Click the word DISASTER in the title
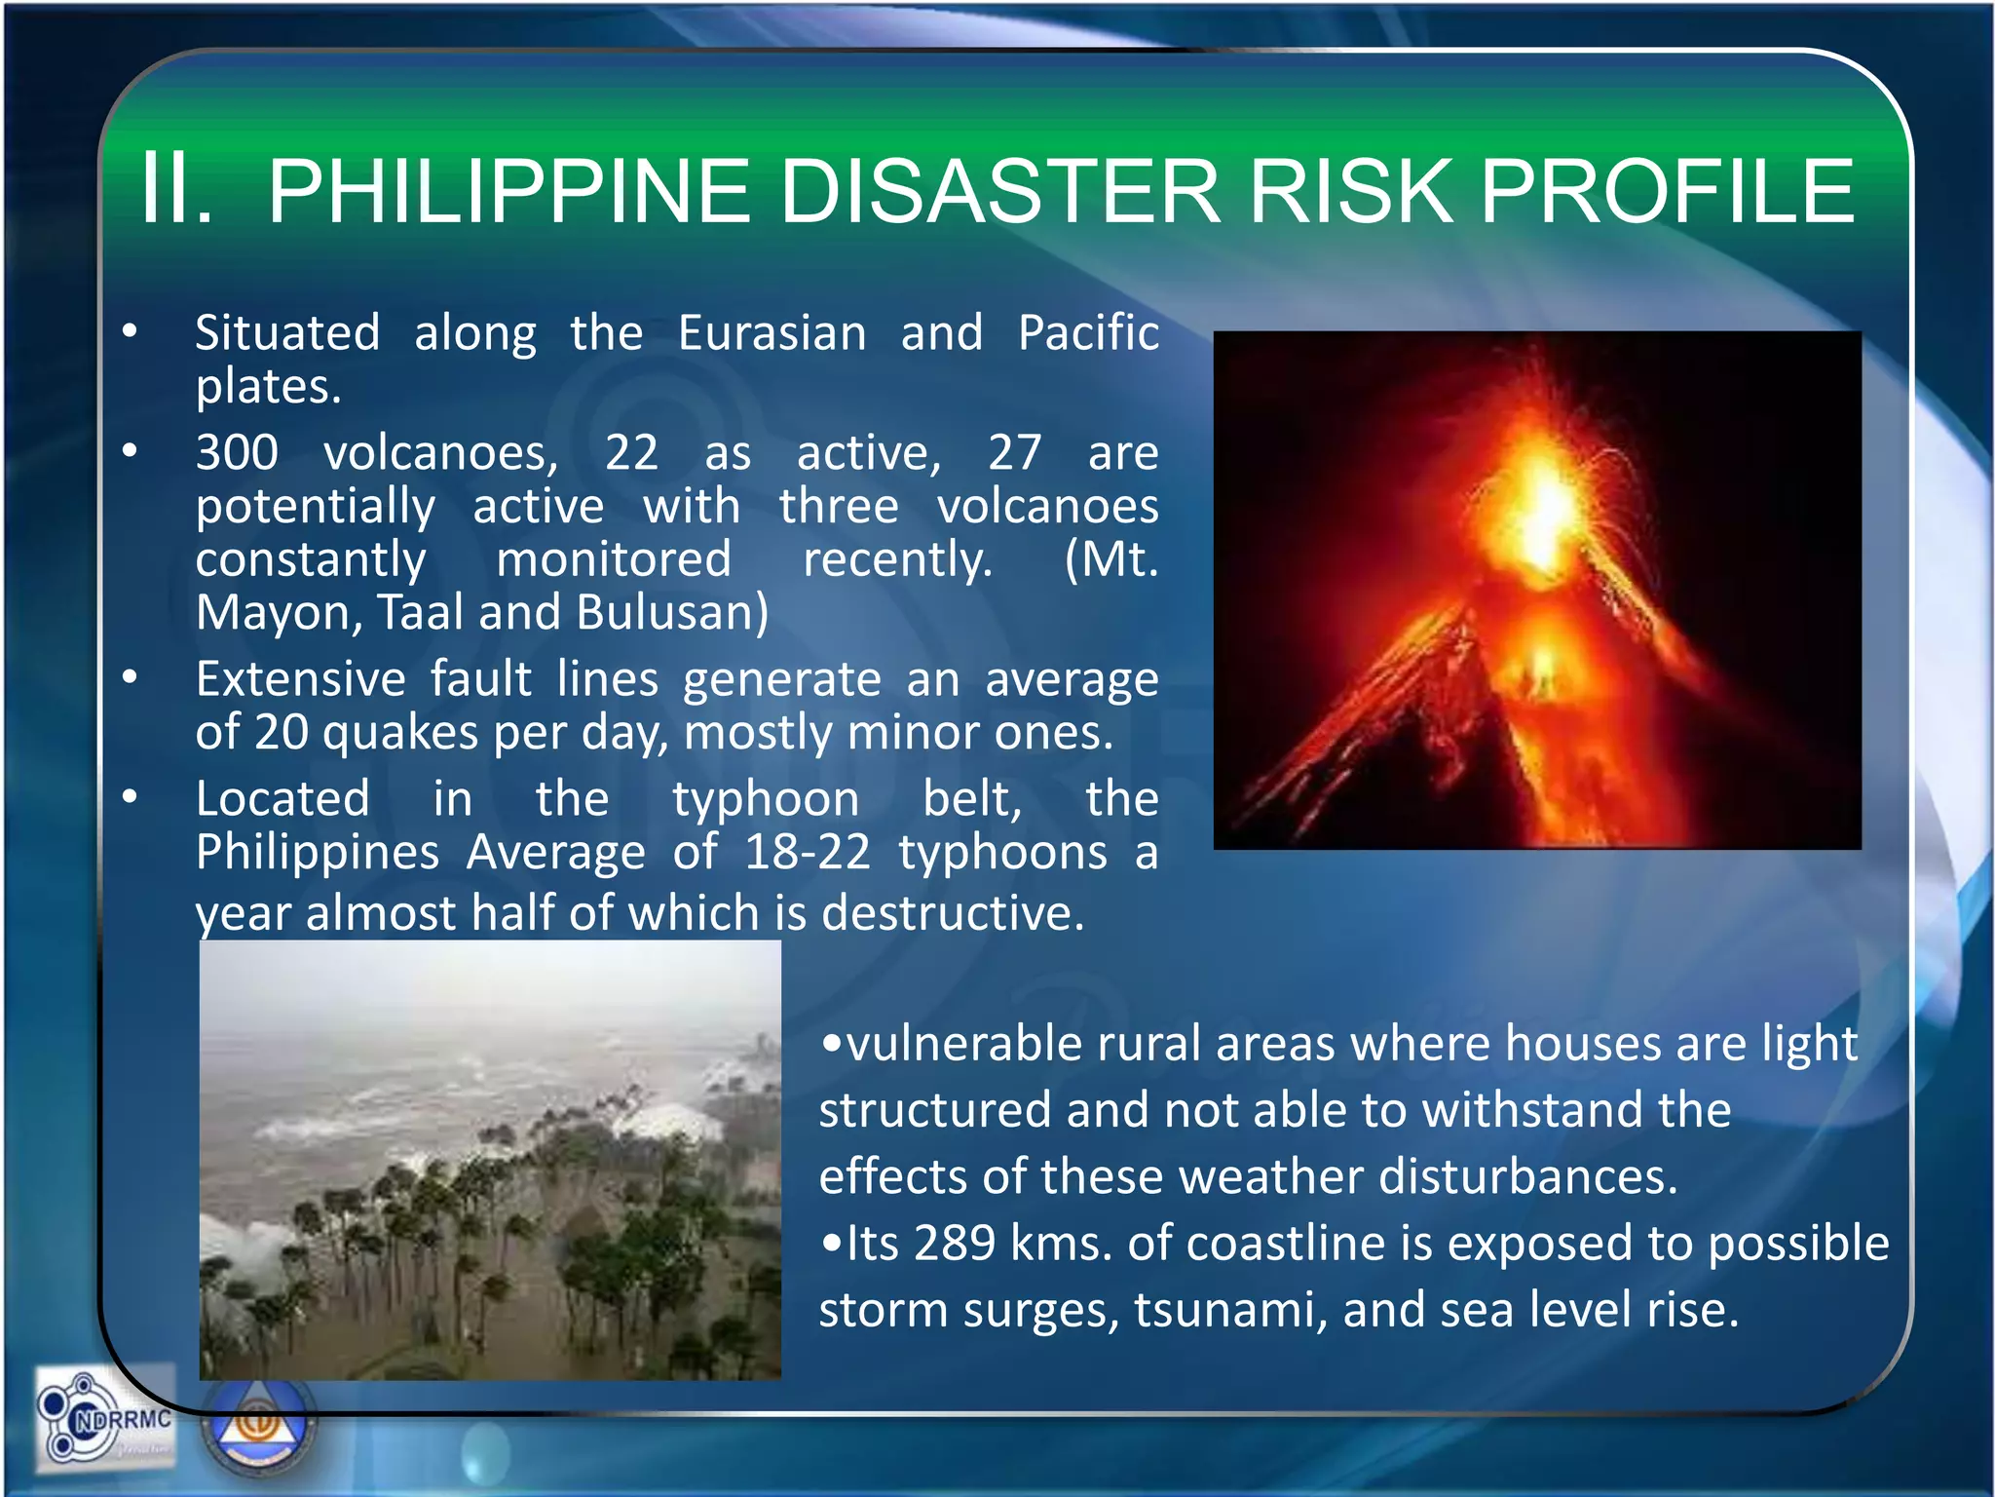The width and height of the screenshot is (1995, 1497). point(998,191)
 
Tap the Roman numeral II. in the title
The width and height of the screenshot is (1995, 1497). point(175,189)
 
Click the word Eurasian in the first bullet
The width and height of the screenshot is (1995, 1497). point(772,333)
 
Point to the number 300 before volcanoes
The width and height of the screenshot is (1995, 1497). point(237,453)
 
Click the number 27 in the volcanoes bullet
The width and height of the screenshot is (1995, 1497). point(1014,453)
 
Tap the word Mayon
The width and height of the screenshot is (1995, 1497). point(278,613)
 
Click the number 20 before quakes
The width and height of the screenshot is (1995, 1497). point(281,732)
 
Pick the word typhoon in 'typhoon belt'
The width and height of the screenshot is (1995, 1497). point(766,800)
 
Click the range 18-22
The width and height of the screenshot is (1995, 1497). point(807,853)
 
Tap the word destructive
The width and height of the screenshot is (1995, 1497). point(952,913)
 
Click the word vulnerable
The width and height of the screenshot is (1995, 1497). point(964,1044)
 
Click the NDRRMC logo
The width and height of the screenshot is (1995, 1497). point(105,1419)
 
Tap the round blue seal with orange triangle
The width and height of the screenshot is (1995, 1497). point(258,1424)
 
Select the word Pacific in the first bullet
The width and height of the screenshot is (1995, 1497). point(1088,333)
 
